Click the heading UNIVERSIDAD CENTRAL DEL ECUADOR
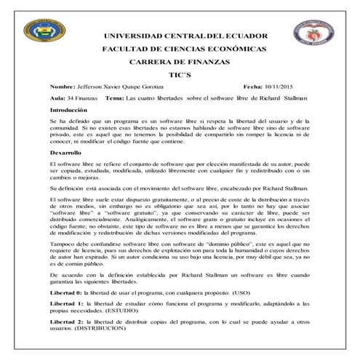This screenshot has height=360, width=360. (x=186, y=36)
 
